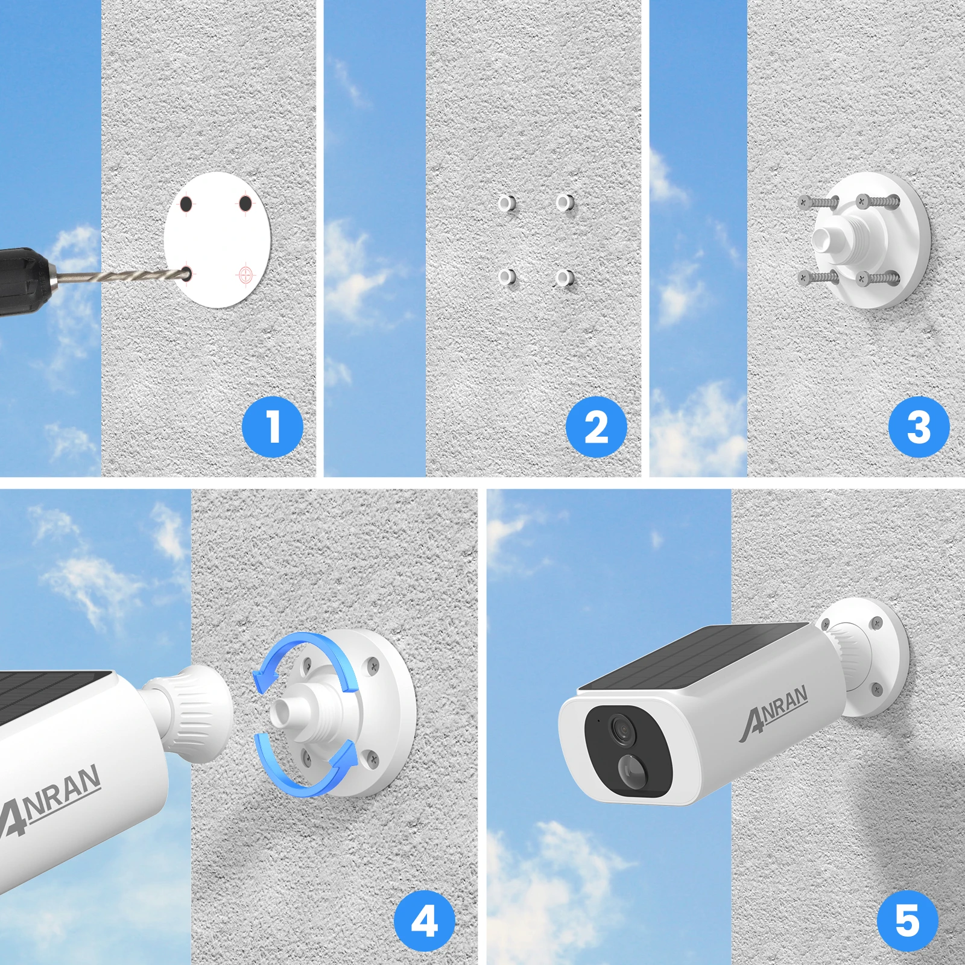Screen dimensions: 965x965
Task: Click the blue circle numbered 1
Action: tap(273, 426)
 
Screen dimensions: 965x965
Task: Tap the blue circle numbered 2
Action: tap(596, 426)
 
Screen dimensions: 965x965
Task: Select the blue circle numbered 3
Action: tap(919, 426)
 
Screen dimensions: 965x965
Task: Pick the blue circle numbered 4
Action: tap(425, 921)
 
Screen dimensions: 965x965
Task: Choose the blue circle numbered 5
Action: tap(908, 921)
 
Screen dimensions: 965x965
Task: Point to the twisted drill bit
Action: tap(121, 277)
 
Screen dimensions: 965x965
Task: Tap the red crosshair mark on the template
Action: tap(245, 275)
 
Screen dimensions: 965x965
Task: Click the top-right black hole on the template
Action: tap(245, 204)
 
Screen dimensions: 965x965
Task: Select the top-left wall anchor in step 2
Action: tap(507, 203)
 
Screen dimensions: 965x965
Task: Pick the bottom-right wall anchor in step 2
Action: tap(565, 278)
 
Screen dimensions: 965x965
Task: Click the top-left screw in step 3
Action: tap(818, 202)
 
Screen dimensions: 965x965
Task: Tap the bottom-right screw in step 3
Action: tap(878, 279)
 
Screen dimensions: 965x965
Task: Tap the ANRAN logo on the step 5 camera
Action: tap(775, 712)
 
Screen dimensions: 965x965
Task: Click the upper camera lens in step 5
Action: tap(621, 729)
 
